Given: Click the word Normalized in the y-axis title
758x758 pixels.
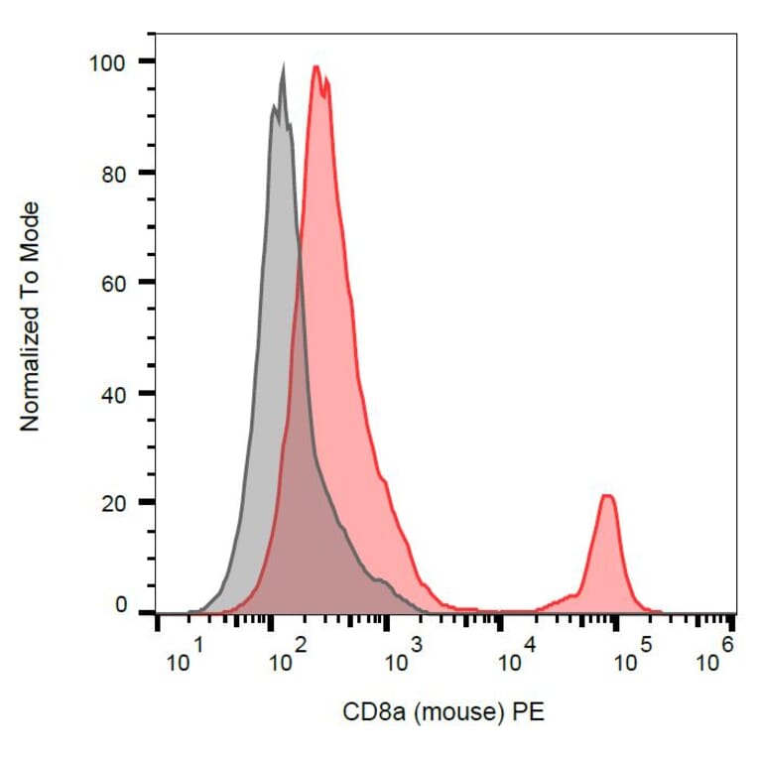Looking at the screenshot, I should point(31,367).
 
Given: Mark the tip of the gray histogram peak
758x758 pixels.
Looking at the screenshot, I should point(283,67).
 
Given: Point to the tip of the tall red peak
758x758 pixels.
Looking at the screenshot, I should point(316,66).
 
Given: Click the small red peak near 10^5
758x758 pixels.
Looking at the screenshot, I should point(607,496).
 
